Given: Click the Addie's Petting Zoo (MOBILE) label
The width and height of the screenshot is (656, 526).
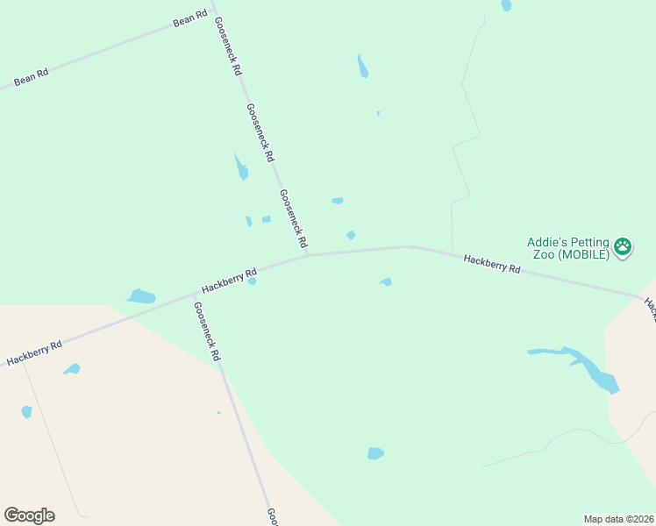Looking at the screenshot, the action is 567,248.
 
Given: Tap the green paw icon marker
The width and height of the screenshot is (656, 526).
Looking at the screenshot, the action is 623,247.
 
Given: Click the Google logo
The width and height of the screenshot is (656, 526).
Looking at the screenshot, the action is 29,515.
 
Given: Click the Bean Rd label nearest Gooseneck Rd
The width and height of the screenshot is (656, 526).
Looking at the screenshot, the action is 189,18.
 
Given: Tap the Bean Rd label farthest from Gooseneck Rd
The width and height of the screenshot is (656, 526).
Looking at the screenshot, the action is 31,77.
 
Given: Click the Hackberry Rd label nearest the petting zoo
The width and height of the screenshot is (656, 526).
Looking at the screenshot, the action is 492,264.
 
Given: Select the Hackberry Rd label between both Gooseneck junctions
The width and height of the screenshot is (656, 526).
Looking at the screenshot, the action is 228,280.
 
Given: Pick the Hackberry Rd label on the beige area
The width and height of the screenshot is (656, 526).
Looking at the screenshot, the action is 34,352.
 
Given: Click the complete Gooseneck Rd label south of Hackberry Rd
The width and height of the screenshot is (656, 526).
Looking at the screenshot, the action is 207,332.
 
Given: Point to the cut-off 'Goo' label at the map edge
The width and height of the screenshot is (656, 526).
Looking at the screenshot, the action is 272,515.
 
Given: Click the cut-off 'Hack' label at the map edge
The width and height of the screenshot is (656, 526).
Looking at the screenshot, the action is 650,308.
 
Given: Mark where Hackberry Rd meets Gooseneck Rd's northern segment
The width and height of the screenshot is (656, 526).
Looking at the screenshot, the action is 307,255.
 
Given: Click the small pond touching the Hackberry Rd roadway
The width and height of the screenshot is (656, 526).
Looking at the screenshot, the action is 252,281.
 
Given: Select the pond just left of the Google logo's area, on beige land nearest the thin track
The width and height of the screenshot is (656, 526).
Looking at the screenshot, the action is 26,411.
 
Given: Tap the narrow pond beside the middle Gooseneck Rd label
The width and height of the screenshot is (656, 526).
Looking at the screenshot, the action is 241,167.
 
